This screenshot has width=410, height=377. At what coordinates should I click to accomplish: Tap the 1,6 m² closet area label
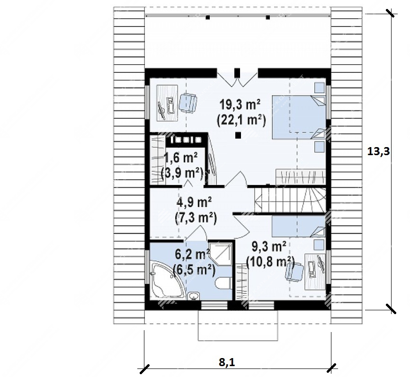tap(180, 158)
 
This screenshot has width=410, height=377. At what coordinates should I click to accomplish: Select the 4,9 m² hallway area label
tap(194, 202)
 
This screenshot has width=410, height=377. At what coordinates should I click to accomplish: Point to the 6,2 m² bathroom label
tap(192, 254)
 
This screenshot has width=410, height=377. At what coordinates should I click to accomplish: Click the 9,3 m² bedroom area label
tap(269, 246)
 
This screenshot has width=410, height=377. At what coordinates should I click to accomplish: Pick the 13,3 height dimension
tap(379, 151)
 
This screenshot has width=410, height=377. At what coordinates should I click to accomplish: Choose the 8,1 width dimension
tap(227, 363)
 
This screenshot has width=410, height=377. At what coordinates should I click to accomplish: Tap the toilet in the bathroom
tap(223, 283)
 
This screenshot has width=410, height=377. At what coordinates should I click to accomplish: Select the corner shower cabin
tap(221, 254)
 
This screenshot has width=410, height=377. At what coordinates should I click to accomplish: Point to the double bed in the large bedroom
tap(299, 117)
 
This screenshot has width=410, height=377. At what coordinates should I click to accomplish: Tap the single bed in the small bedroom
tap(298, 226)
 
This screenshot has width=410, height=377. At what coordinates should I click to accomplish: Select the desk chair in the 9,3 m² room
tap(294, 272)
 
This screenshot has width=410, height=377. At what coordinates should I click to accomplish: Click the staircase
tap(290, 200)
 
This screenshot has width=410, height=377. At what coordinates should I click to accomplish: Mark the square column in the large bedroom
tap(238, 135)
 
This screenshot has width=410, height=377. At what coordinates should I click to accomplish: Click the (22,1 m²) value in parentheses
tap(241, 120)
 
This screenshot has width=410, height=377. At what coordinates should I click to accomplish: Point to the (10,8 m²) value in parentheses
tap(270, 262)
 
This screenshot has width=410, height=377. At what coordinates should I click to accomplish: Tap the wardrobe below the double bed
tap(301, 177)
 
